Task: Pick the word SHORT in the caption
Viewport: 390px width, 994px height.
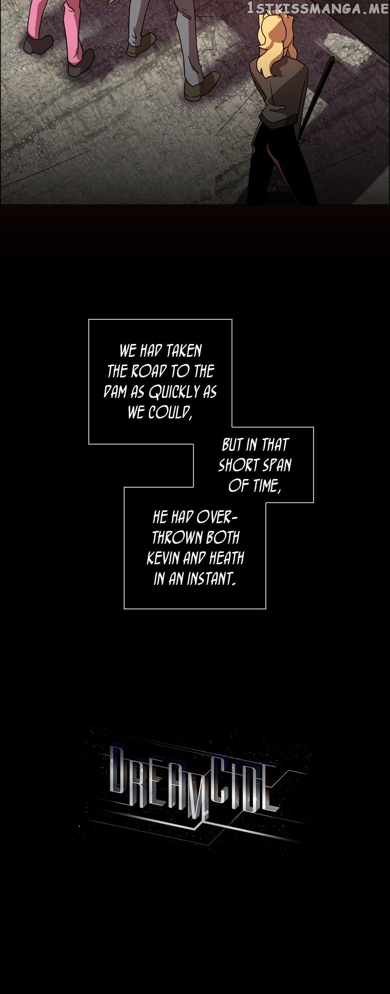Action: [x=239, y=466]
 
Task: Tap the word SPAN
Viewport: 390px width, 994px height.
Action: [x=277, y=466]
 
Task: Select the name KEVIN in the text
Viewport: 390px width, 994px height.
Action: [x=164, y=559]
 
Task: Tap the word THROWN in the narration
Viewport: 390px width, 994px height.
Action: [x=172, y=538]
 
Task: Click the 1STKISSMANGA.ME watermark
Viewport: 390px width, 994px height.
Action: [x=318, y=8]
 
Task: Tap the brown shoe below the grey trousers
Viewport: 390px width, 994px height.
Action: [x=202, y=86]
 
